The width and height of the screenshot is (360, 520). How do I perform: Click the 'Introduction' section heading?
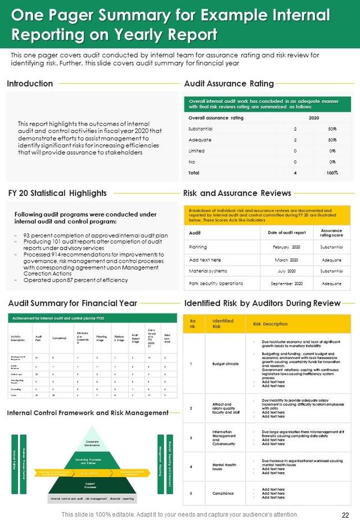click(x=30, y=84)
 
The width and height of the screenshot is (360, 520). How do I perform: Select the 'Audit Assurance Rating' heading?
click(x=229, y=84)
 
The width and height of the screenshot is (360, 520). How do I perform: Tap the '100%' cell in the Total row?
click(x=332, y=173)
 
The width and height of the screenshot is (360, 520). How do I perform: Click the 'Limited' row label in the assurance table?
click(x=196, y=151)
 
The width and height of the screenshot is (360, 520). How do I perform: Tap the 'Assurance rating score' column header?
click(x=332, y=233)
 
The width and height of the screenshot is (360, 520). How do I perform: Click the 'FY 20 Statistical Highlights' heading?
click(x=57, y=193)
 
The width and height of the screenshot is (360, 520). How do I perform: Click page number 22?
click(x=345, y=514)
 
